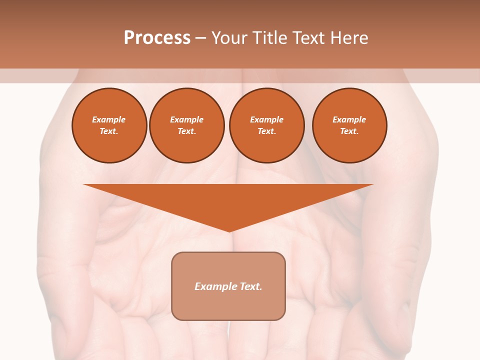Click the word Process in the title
(x=157, y=38)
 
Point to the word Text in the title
(x=308, y=38)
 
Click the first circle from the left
(x=109, y=125)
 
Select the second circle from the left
(x=186, y=125)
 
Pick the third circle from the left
(x=266, y=125)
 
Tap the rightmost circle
(x=349, y=125)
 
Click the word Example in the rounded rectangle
(x=215, y=286)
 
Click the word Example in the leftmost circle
(x=109, y=119)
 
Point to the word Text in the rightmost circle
(x=349, y=131)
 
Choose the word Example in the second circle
(x=186, y=119)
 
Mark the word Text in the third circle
(x=266, y=131)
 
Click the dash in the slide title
(x=200, y=38)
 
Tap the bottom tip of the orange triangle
(x=229, y=230)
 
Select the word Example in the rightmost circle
(x=349, y=119)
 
